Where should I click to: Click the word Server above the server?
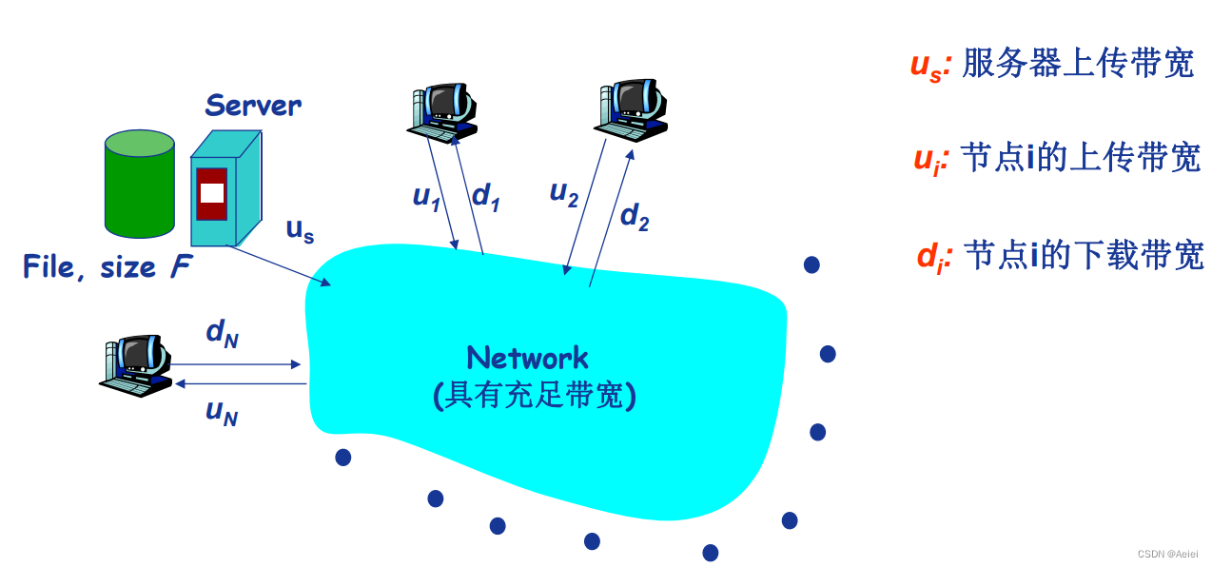253,105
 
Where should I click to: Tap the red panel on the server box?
212,193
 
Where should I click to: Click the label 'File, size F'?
107,267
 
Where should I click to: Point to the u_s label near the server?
300,230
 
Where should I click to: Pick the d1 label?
486,197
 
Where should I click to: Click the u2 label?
564,193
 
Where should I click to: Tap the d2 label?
635,218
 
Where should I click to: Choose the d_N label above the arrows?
222,333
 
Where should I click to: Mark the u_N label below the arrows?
222,413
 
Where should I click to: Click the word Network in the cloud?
527,359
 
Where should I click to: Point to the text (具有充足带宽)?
534,393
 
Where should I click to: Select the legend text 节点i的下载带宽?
1084,255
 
